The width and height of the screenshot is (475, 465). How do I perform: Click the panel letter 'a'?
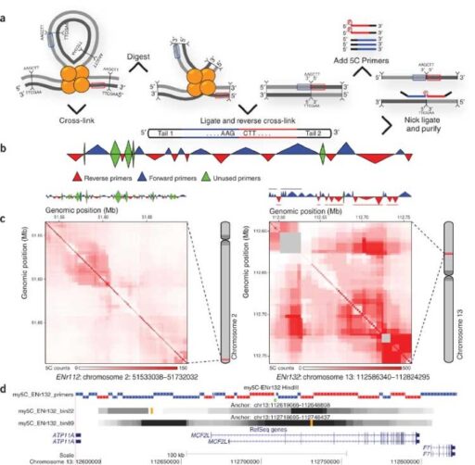click(6, 7)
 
